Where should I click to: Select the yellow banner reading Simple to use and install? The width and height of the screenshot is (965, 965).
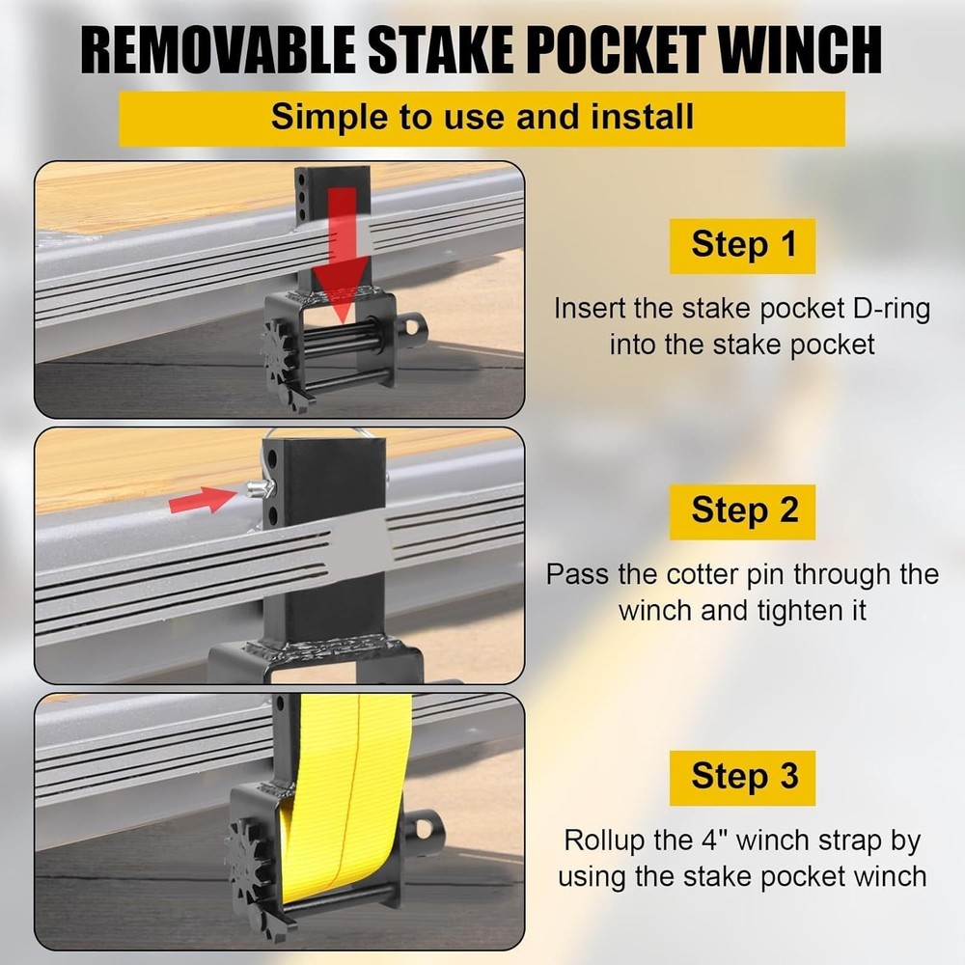[482, 118]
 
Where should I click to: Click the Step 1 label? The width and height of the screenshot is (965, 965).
[743, 245]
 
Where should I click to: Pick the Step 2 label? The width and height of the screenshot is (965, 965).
[743, 511]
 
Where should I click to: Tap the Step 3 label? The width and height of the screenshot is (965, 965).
[743, 777]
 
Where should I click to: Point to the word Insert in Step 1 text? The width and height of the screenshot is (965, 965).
[592, 310]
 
